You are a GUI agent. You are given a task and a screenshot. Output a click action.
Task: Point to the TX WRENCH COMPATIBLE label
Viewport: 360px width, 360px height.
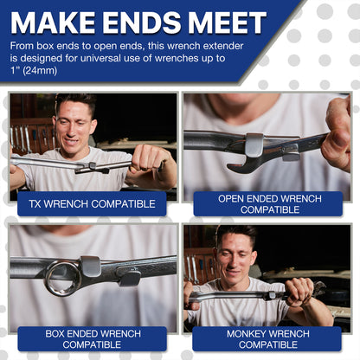[x=92, y=204]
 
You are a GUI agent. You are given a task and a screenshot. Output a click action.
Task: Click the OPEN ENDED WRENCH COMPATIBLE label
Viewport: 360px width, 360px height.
[x=270, y=204]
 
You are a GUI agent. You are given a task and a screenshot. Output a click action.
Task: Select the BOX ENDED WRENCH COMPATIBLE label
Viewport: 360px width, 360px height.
[x=92, y=337]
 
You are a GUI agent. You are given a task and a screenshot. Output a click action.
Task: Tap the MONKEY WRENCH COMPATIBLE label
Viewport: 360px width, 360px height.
[x=270, y=337]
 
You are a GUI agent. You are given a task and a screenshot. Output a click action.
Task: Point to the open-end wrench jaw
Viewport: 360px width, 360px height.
[x=241, y=162]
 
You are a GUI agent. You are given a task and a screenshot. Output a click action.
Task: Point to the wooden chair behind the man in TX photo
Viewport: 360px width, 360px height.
[x=26, y=134]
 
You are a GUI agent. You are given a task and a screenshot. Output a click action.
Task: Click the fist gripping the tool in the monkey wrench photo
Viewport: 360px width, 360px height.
[x=299, y=292]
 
